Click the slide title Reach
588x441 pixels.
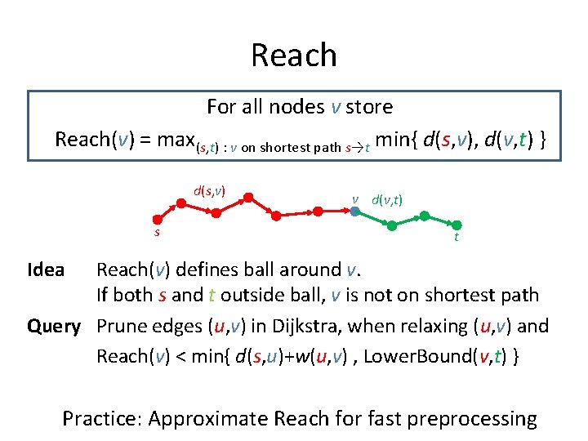click(x=294, y=55)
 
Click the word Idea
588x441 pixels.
click(x=46, y=270)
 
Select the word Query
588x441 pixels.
click(x=54, y=327)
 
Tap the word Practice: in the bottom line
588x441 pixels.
click(x=102, y=420)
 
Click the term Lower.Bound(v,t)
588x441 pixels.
click(x=445, y=356)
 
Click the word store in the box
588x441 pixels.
click(x=369, y=107)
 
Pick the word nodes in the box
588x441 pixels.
click(x=297, y=107)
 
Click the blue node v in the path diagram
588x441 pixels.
click(x=355, y=211)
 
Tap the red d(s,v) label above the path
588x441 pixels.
click(x=209, y=192)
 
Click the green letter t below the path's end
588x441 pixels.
click(x=456, y=238)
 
